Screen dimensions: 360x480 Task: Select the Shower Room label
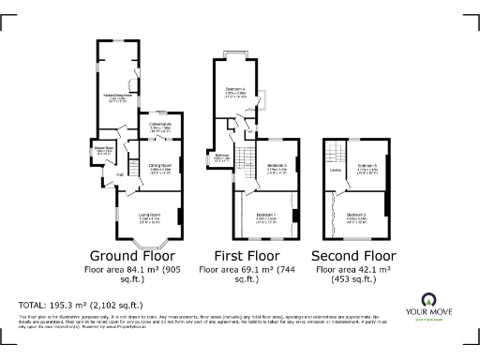102,149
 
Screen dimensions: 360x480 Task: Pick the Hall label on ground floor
120,174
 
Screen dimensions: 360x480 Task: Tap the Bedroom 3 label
276,166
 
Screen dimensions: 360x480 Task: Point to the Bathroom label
223,157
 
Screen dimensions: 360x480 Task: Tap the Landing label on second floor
336,170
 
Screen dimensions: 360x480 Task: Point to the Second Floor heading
353,255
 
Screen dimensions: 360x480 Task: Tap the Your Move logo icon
432,299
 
